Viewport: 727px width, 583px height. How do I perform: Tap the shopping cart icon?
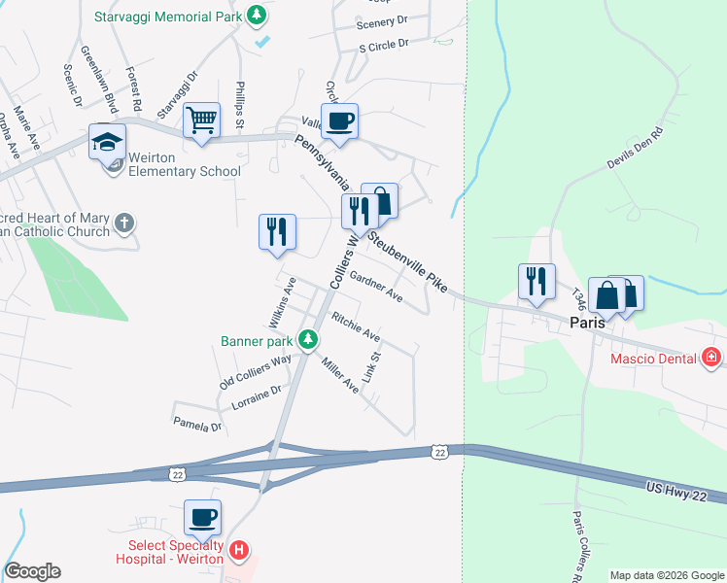202,121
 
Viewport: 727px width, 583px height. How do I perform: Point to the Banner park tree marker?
308,339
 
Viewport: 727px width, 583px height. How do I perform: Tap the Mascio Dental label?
653,359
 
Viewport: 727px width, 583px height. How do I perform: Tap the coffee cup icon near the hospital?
203,519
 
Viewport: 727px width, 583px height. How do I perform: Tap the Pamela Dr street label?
197,425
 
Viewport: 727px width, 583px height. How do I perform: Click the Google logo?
32,572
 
